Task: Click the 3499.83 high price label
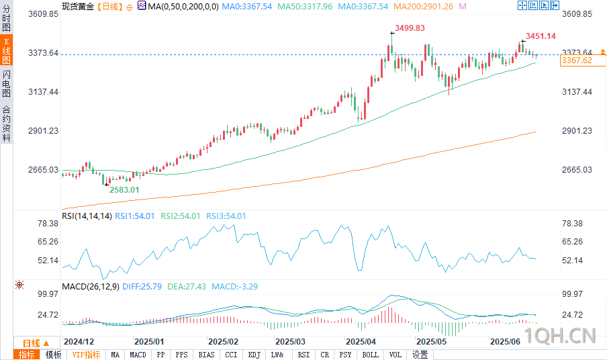click(x=410, y=28)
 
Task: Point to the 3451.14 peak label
click(x=541, y=36)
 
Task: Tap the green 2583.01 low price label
click(x=124, y=190)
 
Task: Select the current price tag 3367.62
click(x=576, y=60)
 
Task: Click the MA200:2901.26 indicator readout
click(x=424, y=5)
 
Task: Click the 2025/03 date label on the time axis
click(x=290, y=341)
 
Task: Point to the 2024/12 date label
click(x=78, y=341)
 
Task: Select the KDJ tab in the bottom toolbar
click(x=254, y=355)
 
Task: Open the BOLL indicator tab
click(x=370, y=355)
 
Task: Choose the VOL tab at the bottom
click(x=395, y=355)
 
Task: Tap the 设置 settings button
click(x=420, y=355)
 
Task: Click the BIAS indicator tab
click(x=207, y=355)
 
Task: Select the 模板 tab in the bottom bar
click(x=53, y=355)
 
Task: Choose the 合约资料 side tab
click(x=7, y=124)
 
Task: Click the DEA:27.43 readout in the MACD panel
click(x=181, y=287)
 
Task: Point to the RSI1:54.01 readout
click(x=135, y=216)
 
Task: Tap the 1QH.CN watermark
click(x=561, y=334)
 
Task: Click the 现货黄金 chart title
click(x=78, y=5)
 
